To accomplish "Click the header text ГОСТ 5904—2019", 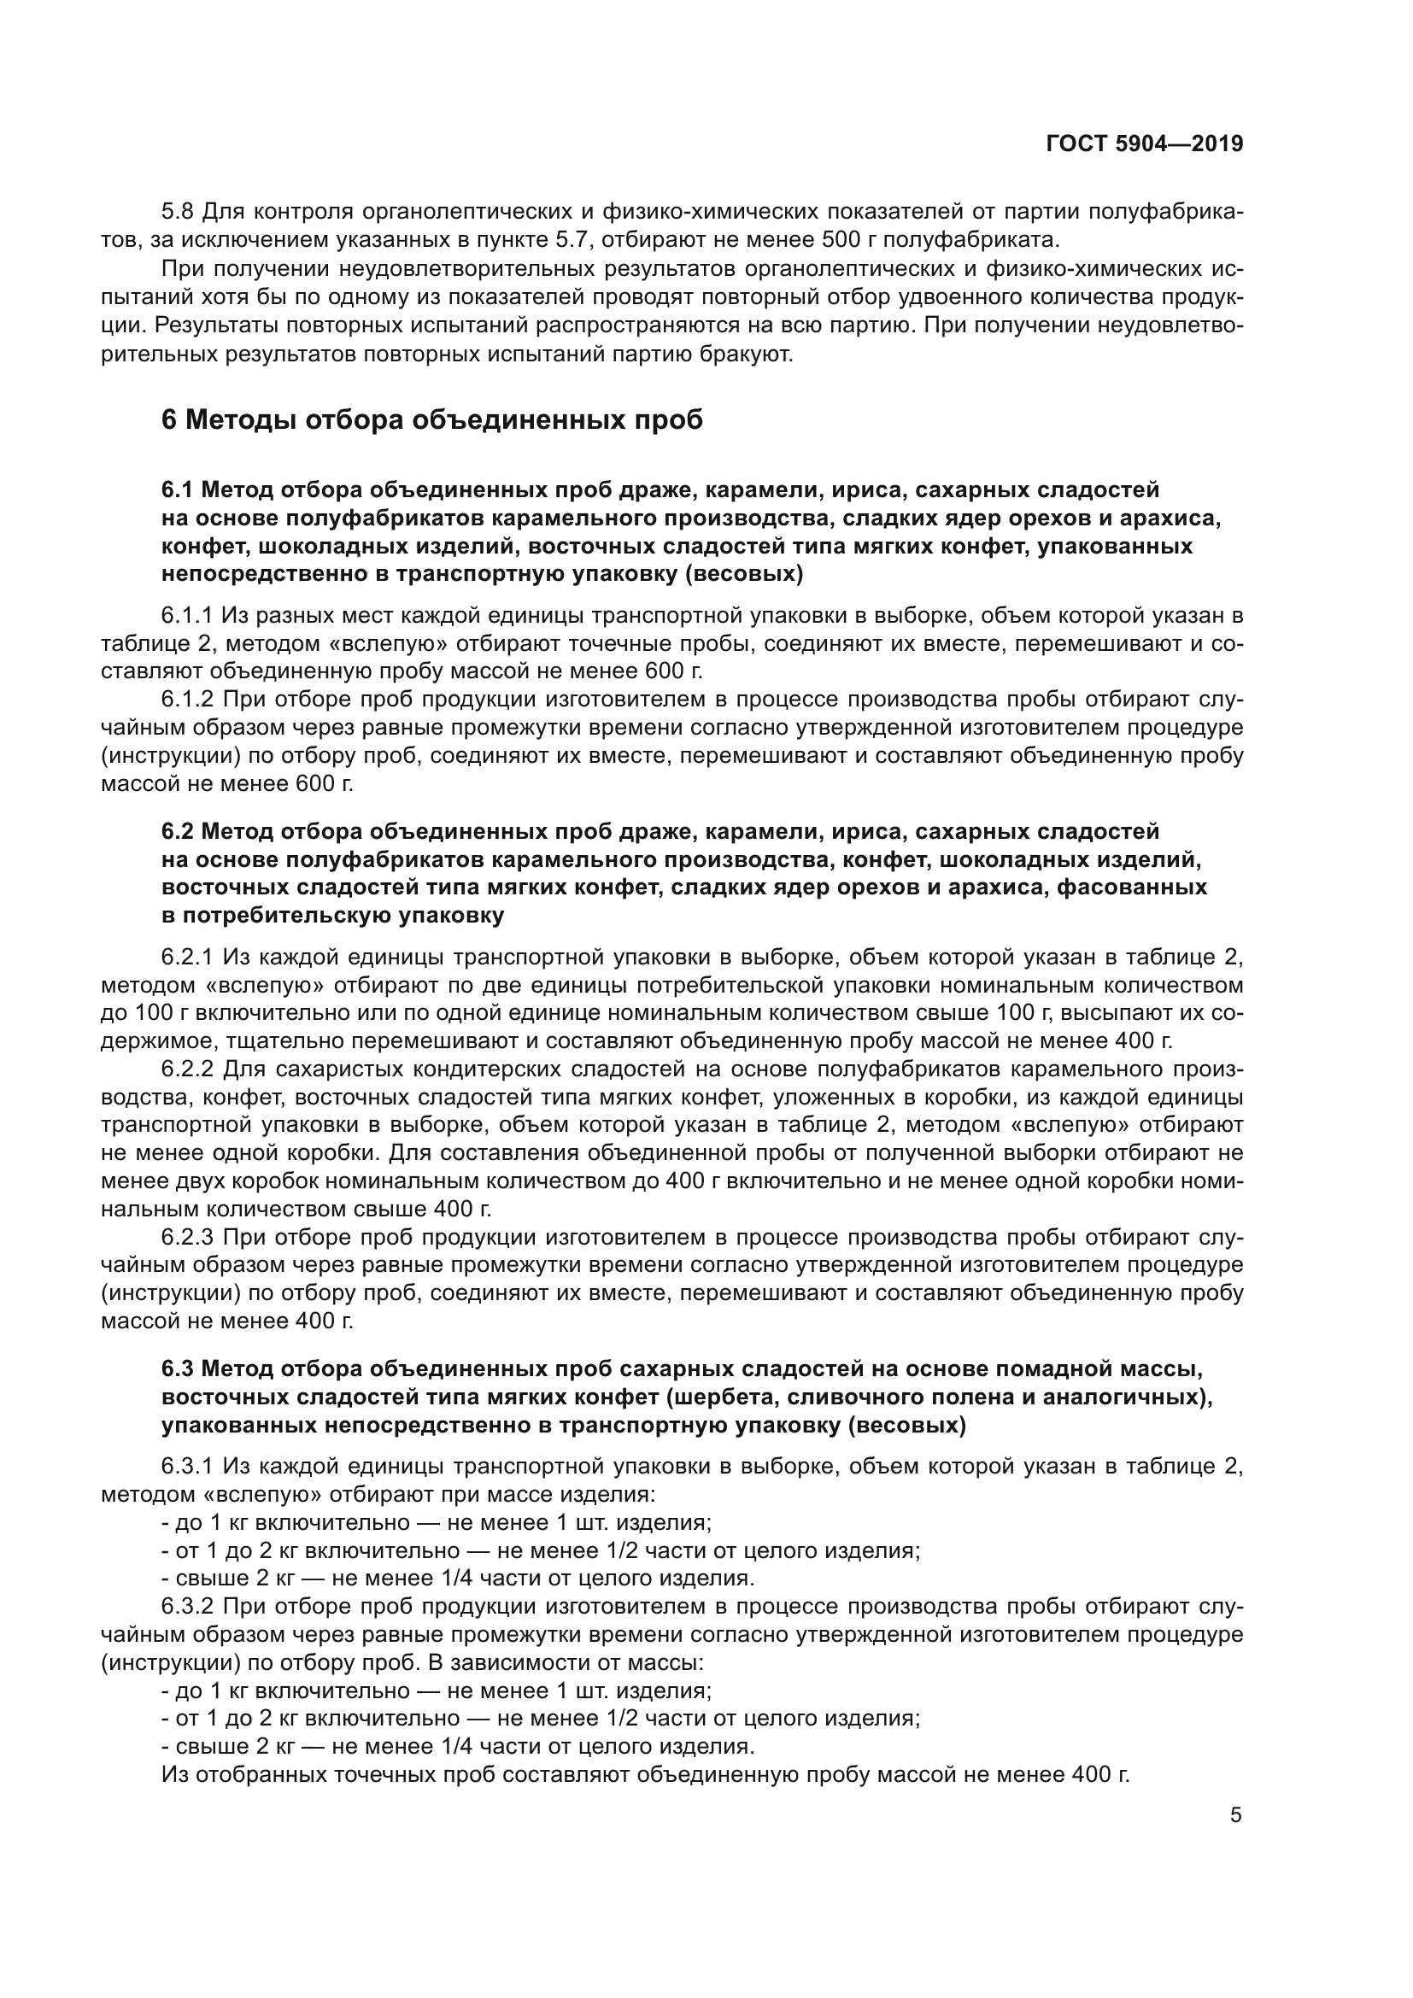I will [1144, 144].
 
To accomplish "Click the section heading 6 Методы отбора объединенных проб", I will [431, 420].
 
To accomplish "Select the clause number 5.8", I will [179, 212].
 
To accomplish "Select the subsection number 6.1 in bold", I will [178, 490].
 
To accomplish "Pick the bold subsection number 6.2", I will [178, 831].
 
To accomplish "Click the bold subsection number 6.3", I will [178, 1368].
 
